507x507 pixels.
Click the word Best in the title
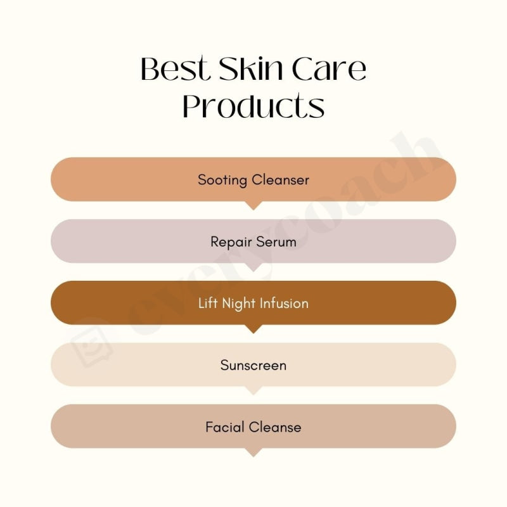coord(174,70)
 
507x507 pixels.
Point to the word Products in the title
coord(253,106)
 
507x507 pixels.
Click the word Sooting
coord(222,180)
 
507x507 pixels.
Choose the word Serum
coord(276,242)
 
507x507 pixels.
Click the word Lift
coord(208,303)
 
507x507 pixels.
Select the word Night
coord(238,303)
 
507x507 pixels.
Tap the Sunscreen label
coord(253,365)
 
